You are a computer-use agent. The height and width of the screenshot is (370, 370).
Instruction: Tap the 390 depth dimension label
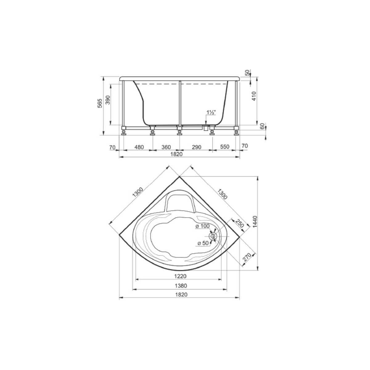pos(108,100)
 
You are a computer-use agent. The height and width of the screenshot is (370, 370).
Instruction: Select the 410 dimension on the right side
pos(254,96)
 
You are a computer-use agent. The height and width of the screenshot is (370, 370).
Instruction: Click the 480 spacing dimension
pos(139,147)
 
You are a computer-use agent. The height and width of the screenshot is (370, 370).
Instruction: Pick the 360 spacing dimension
pos(166,147)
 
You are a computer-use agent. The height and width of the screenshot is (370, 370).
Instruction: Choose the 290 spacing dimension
pos(197,147)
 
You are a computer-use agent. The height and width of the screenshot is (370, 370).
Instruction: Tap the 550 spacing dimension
pos(225,147)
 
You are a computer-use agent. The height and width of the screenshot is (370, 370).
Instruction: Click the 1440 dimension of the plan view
pos(255,222)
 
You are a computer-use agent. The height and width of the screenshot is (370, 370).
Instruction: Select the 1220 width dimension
pos(180,276)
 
